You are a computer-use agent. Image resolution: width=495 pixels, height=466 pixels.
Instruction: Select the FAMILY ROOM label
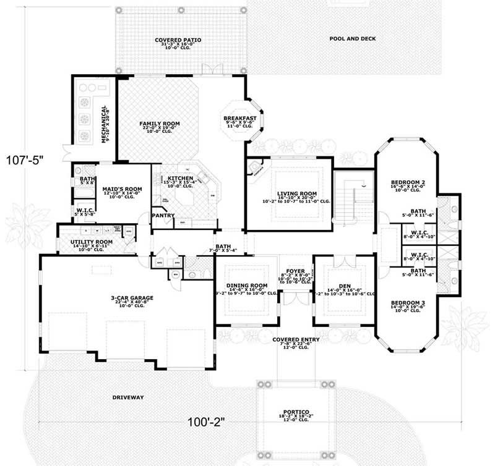point(159,124)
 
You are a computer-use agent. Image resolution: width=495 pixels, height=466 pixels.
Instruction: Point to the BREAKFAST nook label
point(240,117)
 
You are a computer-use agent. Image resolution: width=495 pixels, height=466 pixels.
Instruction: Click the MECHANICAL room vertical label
point(104,124)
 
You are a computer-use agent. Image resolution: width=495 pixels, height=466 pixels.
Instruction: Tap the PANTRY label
point(165,216)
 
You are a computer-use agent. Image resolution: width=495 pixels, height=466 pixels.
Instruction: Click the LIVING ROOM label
point(297,193)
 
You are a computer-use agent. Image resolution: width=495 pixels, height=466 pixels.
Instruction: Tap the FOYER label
point(295,270)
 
